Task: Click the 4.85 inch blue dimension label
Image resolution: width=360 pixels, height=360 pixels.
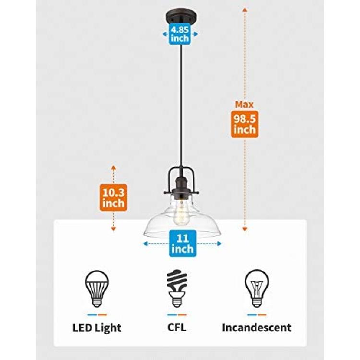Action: (180, 34)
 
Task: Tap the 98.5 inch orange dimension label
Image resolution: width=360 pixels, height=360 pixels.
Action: (244, 124)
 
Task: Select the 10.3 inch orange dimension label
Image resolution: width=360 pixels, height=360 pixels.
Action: (113, 198)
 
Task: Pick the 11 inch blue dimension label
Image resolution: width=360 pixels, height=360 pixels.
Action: (182, 243)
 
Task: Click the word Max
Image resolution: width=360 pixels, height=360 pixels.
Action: (244, 105)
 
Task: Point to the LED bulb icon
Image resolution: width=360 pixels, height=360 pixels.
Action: (97, 288)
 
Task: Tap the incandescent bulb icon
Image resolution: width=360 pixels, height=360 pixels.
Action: (257, 288)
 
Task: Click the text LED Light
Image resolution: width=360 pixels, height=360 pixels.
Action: (96, 328)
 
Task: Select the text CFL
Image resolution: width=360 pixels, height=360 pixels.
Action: (177, 327)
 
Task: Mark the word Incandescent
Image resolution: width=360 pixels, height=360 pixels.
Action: (256, 327)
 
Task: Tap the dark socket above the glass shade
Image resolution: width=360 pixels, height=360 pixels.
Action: (181, 187)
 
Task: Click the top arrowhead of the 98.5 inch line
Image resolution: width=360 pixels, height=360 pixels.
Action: (245, 10)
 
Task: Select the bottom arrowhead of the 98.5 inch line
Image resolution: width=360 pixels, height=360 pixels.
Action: (245, 229)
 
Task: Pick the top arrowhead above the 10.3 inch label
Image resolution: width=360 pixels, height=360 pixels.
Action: (113, 167)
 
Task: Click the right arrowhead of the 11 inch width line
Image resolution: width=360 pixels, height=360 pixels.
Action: (219, 243)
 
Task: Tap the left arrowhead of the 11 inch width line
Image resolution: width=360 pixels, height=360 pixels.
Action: (145, 243)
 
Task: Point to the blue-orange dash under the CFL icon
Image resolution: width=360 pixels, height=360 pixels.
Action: (177, 315)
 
